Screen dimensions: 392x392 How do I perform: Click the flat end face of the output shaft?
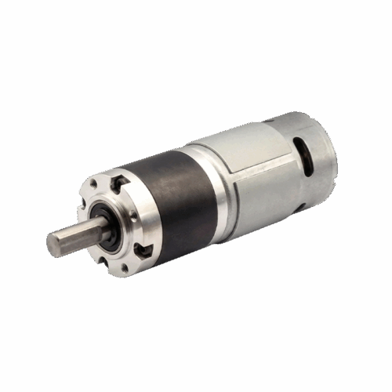(x=54, y=244)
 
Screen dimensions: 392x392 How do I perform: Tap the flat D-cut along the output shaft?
(x=78, y=229)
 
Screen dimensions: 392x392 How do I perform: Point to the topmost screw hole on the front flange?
(x=93, y=183)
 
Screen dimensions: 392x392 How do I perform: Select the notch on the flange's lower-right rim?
(x=143, y=249)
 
